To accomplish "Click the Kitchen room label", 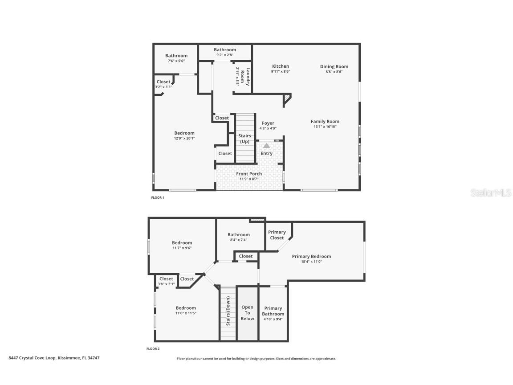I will [281, 66].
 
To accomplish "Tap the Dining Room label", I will [334, 67].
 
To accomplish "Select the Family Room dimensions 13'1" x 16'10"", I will [325, 127].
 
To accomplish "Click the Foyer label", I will [268, 123].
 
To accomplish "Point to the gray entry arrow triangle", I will [266, 145].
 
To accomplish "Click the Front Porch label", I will [249, 174].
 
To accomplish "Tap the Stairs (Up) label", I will [244, 139].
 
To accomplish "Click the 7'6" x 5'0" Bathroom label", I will [176, 56].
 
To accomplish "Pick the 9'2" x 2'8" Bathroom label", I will [225, 50].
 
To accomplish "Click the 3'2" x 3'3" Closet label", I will [163, 82].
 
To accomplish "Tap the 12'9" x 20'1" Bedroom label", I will [184, 133].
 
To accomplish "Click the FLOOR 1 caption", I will [158, 197].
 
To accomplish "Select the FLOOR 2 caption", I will [153, 349].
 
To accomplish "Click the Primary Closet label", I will [277, 235].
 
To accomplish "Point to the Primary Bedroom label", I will [311, 256].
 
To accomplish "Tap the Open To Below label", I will [247, 313].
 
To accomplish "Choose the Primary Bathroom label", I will [273, 311].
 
